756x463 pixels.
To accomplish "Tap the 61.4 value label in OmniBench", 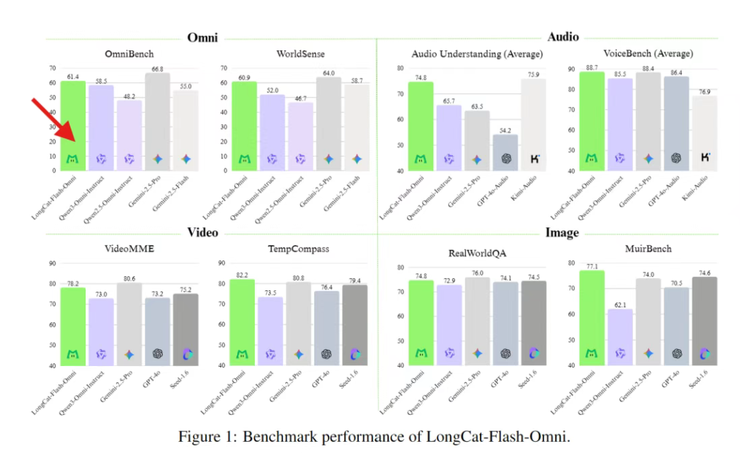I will [x=72, y=76].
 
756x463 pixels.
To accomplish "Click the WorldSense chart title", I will [x=301, y=54].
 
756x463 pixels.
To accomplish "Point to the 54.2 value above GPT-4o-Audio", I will [x=505, y=130].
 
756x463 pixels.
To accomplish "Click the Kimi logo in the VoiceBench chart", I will [x=705, y=158].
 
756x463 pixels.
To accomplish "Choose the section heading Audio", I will [x=563, y=38].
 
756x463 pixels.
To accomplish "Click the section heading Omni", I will [x=202, y=38].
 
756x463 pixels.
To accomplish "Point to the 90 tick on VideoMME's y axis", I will [x=52, y=263].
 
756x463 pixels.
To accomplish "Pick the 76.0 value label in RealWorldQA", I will [x=478, y=273].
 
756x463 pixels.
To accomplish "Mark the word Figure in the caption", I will [x=200, y=437].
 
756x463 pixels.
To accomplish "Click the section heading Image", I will [x=563, y=233].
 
